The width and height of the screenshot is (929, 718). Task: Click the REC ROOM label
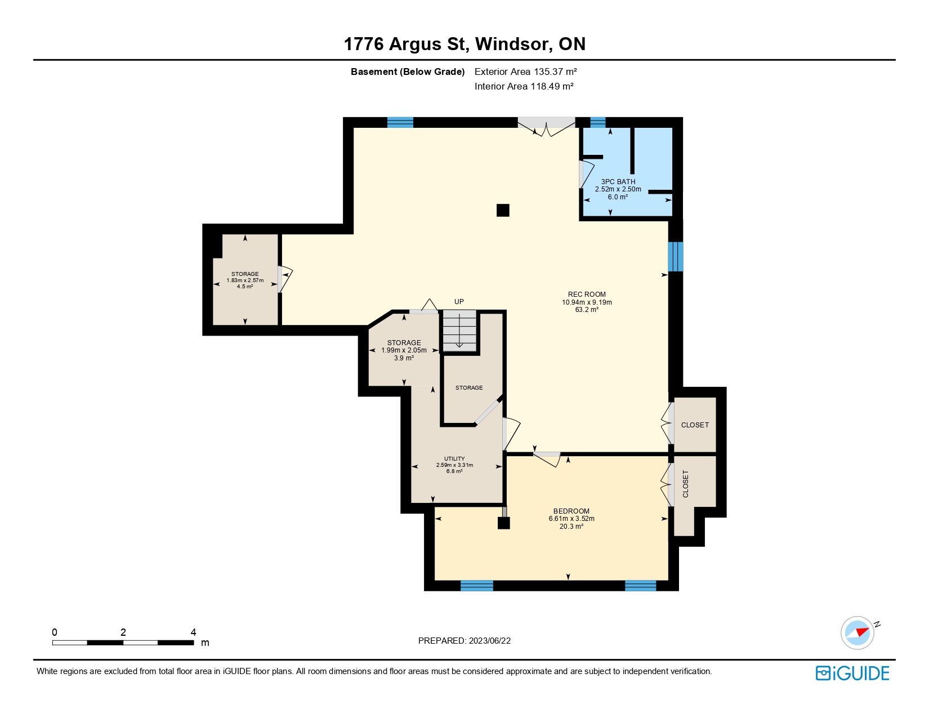587,294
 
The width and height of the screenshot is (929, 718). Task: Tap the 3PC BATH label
618,182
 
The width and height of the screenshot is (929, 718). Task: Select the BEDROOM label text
571,511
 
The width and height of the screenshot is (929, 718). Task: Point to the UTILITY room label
454,458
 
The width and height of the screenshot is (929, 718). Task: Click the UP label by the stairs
459,301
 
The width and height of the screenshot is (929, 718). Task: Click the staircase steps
459,331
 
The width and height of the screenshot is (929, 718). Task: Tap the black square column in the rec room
503,211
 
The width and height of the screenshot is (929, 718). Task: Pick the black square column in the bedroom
503,523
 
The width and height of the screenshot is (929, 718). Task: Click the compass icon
857,633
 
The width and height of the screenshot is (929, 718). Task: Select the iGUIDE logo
852,673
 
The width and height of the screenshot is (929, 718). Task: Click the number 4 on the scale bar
193,632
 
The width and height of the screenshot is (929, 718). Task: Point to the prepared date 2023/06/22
489,641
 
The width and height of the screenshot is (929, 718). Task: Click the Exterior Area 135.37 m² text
525,72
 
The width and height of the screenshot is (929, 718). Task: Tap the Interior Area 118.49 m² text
524,86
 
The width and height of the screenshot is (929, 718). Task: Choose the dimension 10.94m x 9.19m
587,302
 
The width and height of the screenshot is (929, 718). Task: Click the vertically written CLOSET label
685,484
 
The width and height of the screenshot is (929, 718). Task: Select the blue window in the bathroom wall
598,122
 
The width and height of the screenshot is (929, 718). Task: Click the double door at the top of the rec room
546,125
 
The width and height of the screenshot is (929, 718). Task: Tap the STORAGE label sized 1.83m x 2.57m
245,274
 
